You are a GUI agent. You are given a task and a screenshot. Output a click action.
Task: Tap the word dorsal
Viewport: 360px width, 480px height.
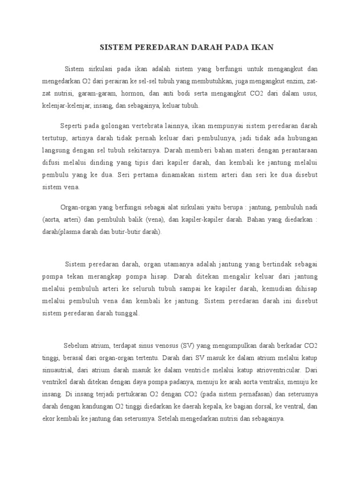(x=247, y=406)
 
